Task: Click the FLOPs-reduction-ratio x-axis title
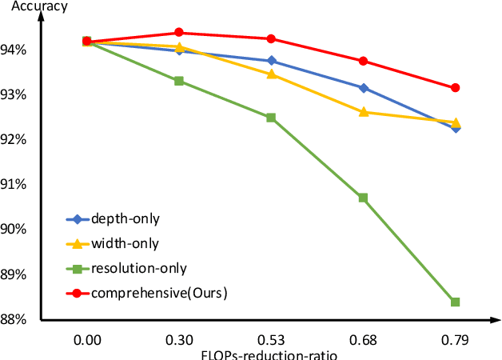(270, 354)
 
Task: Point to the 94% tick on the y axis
(17, 50)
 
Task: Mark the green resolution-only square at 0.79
(455, 302)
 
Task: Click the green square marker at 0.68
(363, 198)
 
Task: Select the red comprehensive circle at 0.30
(178, 33)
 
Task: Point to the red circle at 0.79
(455, 87)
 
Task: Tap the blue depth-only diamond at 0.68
(363, 88)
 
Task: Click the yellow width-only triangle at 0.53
(270, 74)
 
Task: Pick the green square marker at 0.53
(270, 118)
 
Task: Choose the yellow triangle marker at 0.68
(363, 111)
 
